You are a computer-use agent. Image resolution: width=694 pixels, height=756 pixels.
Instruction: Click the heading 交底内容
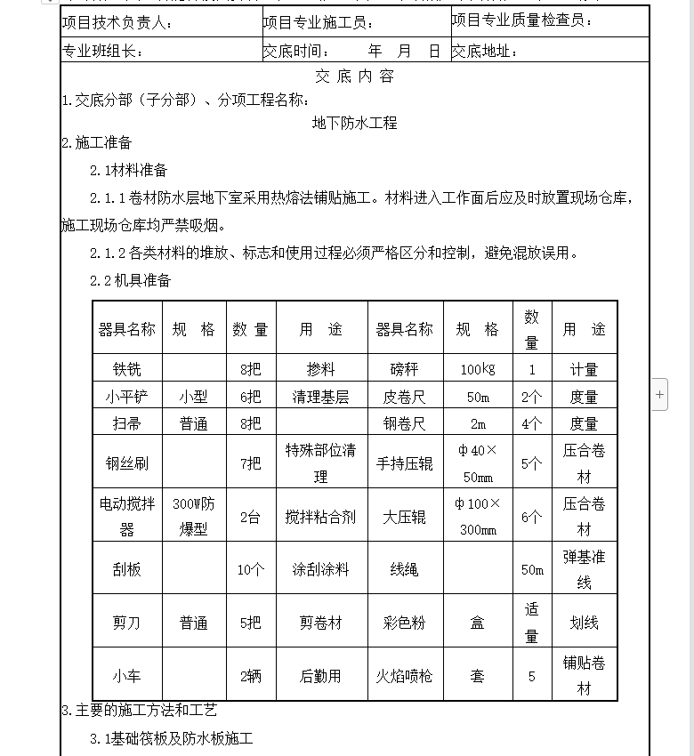pyautogui.click(x=354, y=76)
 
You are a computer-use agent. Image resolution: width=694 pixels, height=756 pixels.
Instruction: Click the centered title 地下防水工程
pyautogui.click(x=354, y=124)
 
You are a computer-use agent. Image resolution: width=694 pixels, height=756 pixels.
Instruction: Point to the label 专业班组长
pyautogui.click(x=103, y=52)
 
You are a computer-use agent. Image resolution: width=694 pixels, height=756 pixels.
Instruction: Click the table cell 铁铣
pyautogui.click(x=126, y=369)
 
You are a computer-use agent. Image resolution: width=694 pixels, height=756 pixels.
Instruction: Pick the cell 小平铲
pyautogui.click(x=126, y=397)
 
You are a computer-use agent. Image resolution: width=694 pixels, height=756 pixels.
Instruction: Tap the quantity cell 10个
pyautogui.click(x=250, y=570)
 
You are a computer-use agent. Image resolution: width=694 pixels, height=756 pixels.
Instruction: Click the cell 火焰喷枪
pyautogui.click(x=404, y=676)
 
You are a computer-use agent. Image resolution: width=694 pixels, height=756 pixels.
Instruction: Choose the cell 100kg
pyautogui.click(x=478, y=369)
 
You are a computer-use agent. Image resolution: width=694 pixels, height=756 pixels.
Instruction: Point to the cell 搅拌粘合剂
pyautogui.click(x=320, y=517)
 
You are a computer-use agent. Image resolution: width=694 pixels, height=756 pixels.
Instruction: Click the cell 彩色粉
pyautogui.click(x=404, y=623)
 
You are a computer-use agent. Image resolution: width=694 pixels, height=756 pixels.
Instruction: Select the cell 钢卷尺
pyautogui.click(x=404, y=424)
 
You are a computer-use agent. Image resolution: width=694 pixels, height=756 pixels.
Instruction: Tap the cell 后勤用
pyautogui.click(x=320, y=676)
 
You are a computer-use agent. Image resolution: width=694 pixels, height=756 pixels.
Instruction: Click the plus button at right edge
pyautogui.click(x=659, y=393)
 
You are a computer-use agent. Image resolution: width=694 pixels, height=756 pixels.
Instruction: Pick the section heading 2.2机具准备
pyautogui.click(x=130, y=281)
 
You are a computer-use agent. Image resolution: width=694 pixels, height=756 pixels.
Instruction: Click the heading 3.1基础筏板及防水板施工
pyautogui.click(x=172, y=738)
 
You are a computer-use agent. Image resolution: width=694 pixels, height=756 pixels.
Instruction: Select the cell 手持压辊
pyautogui.click(x=404, y=462)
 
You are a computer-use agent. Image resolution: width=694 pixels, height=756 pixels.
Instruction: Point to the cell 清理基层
pyautogui.click(x=320, y=397)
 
